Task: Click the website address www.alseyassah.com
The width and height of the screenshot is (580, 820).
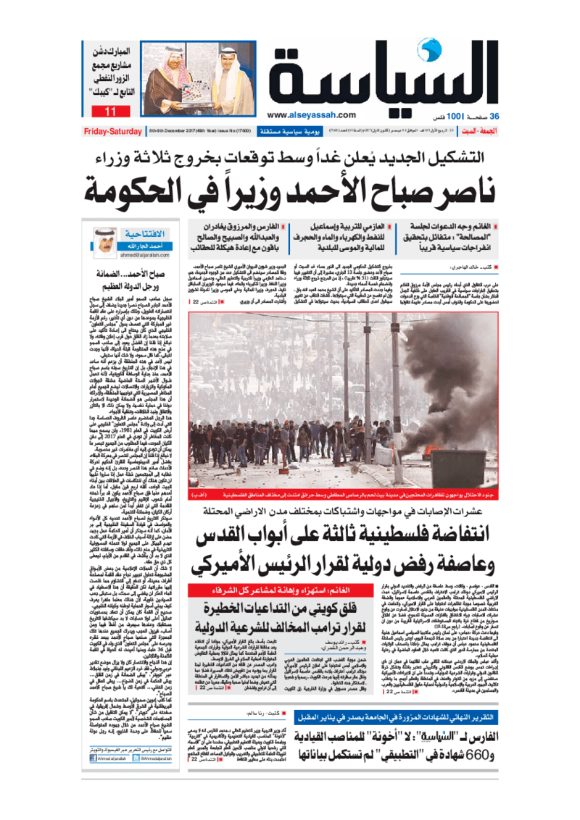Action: tap(310, 114)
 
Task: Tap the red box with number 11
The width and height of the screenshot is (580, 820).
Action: tap(110, 112)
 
